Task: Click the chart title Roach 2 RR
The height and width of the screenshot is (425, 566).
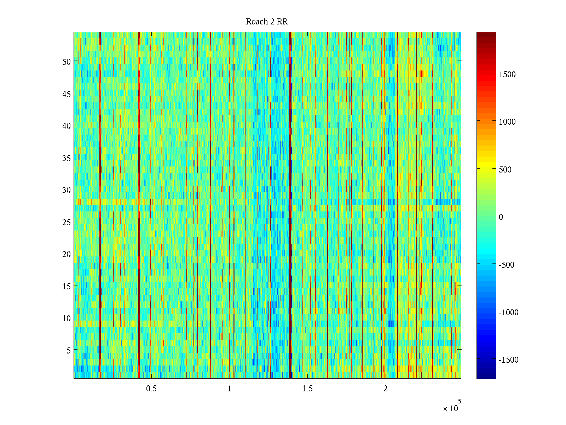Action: pyautogui.click(x=267, y=22)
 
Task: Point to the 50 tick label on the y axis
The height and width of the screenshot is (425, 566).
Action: pyautogui.click(x=67, y=62)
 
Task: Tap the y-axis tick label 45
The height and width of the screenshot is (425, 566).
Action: pyautogui.click(x=67, y=94)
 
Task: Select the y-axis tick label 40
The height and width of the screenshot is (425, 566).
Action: pyautogui.click(x=67, y=126)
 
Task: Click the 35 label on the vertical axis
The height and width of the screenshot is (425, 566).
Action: pyautogui.click(x=67, y=158)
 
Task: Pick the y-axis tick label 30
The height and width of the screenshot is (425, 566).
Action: pyautogui.click(x=67, y=190)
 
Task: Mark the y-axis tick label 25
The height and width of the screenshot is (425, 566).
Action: pyautogui.click(x=67, y=222)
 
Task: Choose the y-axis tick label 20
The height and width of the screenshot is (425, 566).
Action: pyautogui.click(x=67, y=254)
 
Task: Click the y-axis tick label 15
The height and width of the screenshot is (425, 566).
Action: pyautogui.click(x=67, y=286)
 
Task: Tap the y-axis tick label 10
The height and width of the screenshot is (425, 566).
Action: pyautogui.click(x=67, y=318)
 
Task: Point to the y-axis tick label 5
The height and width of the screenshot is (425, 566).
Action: pyautogui.click(x=68, y=350)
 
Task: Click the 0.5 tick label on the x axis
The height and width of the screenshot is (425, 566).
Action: pyautogui.click(x=151, y=389)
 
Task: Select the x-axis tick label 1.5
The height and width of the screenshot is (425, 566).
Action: pyautogui.click(x=307, y=389)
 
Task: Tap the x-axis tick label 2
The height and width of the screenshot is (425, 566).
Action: pyautogui.click(x=386, y=389)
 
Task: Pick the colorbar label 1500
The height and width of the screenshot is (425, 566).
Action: pyautogui.click(x=507, y=74)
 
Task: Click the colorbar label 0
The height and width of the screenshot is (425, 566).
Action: pyautogui.click(x=501, y=217)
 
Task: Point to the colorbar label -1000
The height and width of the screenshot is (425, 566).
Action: pyautogui.click(x=508, y=312)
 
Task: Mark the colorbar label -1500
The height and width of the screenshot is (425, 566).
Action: pyautogui.click(x=508, y=360)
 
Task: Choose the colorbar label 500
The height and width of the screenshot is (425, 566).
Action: pyautogui.click(x=505, y=170)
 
